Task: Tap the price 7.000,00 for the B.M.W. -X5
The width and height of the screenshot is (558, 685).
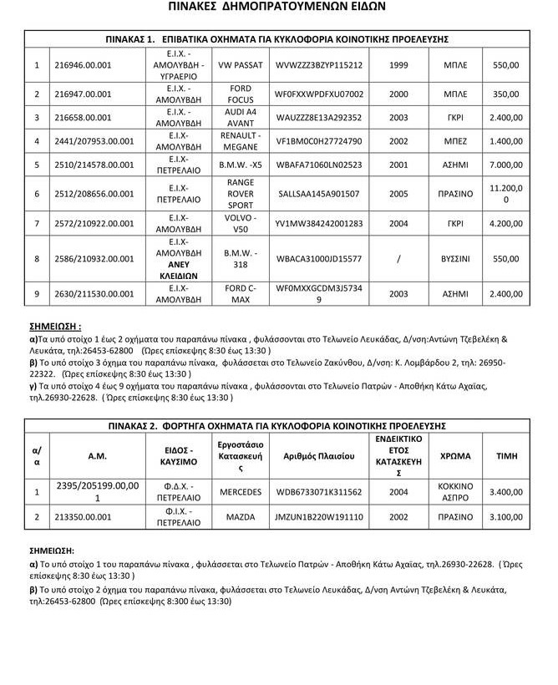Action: (x=506, y=165)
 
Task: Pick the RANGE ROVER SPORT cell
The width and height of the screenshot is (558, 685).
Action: (x=240, y=194)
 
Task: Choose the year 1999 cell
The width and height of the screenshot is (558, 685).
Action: (x=398, y=64)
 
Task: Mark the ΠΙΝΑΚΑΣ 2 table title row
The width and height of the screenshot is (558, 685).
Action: (x=278, y=426)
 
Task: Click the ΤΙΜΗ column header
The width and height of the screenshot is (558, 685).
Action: (x=506, y=456)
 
